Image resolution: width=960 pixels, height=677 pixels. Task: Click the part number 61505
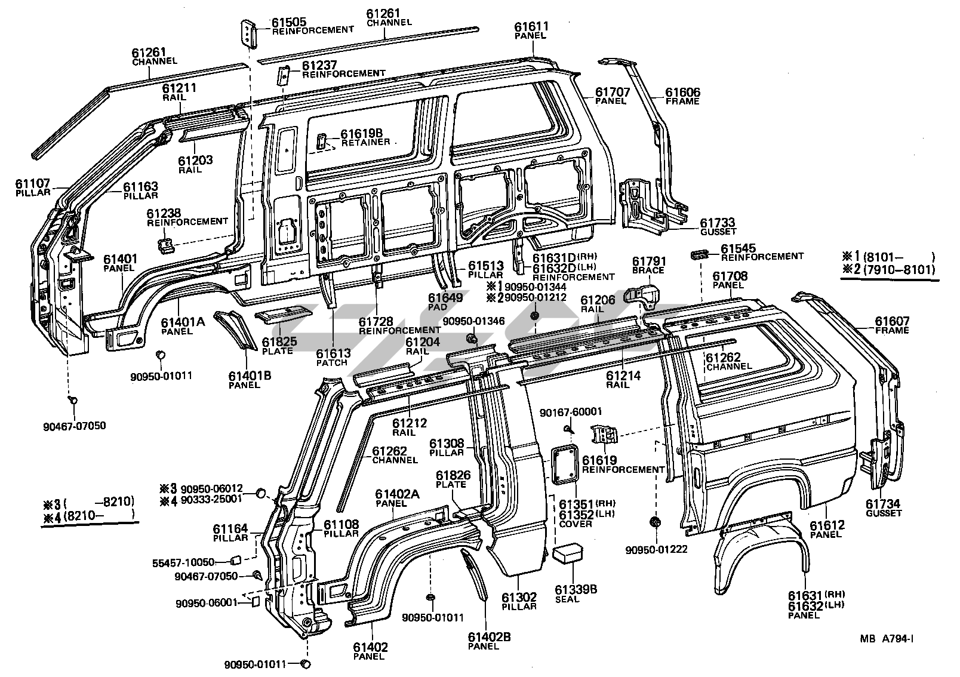click(x=290, y=23)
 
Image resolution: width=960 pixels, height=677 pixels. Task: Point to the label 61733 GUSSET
click(x=718, y=227)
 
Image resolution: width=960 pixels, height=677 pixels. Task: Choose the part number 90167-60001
click(x=570, y=412)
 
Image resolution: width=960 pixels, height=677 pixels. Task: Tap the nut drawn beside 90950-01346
click(x=470, y=340)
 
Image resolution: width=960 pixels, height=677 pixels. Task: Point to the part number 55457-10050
click(x=183, y=562)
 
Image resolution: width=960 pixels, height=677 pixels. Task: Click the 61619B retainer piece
click(x=321, y=141)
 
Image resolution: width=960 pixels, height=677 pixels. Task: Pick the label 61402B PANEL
click(x=489, y=641)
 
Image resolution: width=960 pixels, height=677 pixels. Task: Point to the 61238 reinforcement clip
click(x=165, y=244)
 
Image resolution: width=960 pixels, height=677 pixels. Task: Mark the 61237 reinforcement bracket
click(x=284, y=75)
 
